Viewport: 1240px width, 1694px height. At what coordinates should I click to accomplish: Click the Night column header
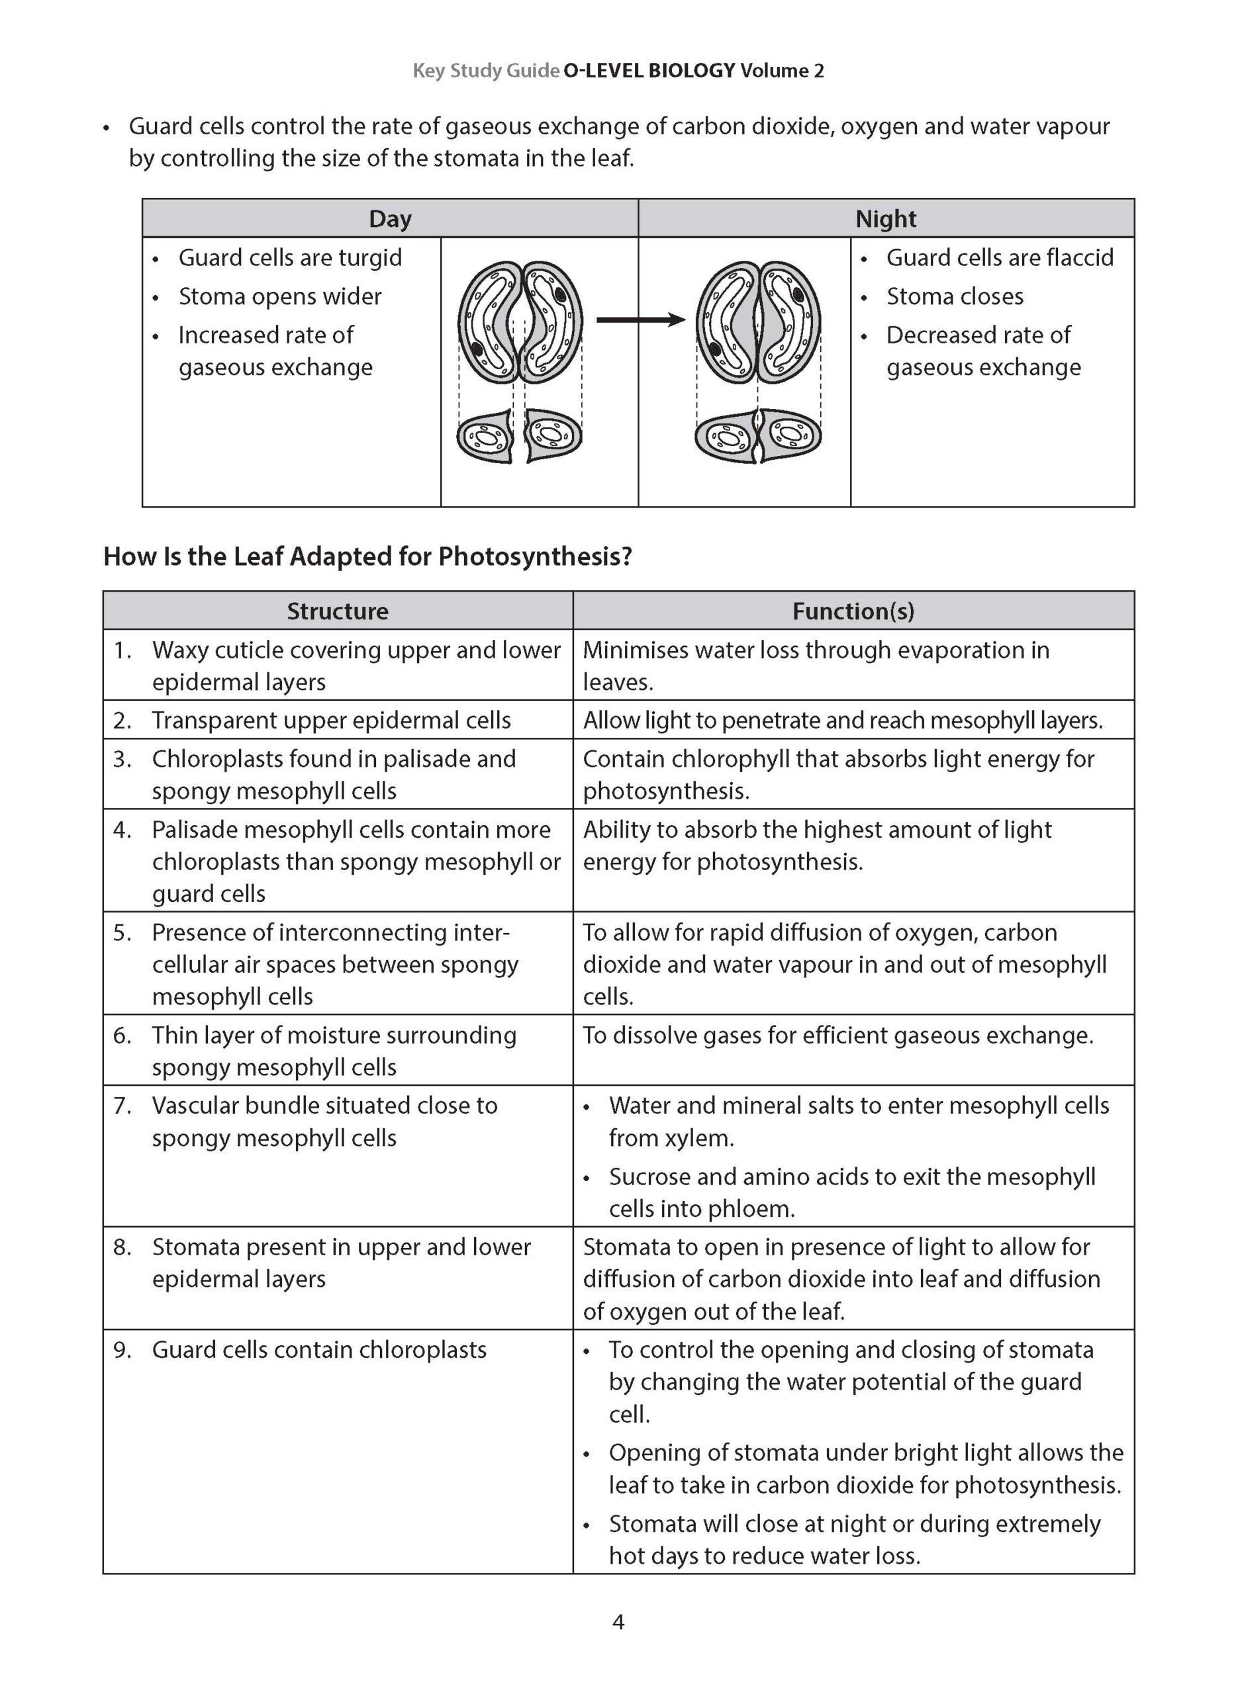pyautogui.click(x=886, y=218)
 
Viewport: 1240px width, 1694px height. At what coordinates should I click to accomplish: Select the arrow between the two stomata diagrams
pyautogui.click(x=640, y=320)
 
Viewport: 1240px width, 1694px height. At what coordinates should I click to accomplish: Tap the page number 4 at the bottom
pyautogui.click(x=618, y=1623)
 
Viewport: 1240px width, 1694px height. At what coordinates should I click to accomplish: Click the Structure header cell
pyautogui.click(x=337, y=611)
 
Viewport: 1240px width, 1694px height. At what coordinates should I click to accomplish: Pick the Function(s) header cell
pyautogui.click(x=853, y=611)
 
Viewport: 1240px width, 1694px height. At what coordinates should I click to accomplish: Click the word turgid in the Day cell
pyautogui.click(x=369, y=258)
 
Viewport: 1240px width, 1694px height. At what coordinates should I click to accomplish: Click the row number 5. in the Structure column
pyautogui.click(x=122, y=932)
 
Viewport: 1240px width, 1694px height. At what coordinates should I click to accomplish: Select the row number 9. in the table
pyautogui.click(x=122, y=1351)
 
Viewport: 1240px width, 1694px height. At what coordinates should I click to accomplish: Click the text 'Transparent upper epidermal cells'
pyautogui.click(x=331, y=720)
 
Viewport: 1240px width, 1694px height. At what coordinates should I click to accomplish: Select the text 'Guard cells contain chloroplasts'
pyautogui.click(x=319, y=1351)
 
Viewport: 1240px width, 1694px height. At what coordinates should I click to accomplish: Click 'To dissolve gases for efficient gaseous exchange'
pyautogui.click(x=837, y=1036)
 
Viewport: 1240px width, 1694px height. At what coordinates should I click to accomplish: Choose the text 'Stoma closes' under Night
pyautogui.click(x=954, y=296)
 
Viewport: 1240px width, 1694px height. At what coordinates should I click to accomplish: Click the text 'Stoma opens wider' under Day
pyautogui.click(x=280, y=296)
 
